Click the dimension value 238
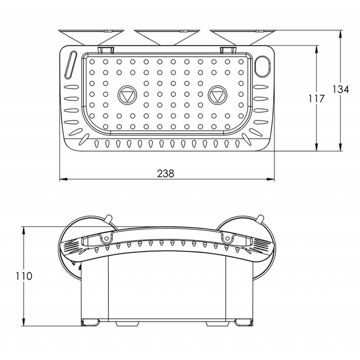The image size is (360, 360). [166, 173]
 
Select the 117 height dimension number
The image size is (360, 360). [317, 99]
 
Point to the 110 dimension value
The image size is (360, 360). [24, 276]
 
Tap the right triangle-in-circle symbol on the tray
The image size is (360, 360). [217, 95]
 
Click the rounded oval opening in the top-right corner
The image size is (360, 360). [263, 65]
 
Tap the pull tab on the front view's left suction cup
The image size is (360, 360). [109, 220]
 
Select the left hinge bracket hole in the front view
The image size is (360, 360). [106, 239]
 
